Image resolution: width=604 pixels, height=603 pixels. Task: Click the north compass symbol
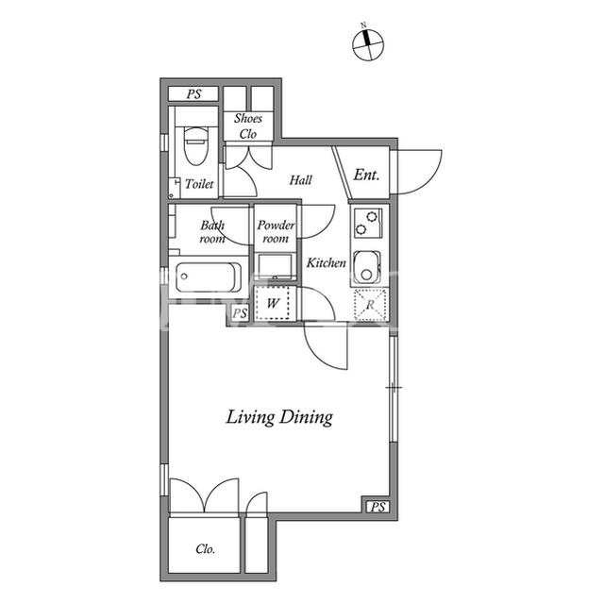pos(368,43)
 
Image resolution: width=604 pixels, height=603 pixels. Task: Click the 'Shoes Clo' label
pos(248,126)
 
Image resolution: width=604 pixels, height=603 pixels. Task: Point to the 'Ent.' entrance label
pos(366,175)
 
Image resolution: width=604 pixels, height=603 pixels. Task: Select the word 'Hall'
pos(300,180)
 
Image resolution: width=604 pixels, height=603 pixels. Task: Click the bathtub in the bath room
pos(209,277)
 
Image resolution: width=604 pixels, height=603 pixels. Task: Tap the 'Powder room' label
pos(276,231)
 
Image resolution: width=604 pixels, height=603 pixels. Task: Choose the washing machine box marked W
pos(273,303)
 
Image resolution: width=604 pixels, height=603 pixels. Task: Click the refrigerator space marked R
pos(370,305)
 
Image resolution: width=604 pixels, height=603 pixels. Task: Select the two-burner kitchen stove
pos(368,223)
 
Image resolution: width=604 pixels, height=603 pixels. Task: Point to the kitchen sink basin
pos(367,267)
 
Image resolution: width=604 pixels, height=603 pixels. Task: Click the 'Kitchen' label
pos(326,263)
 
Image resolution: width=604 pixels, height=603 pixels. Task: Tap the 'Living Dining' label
pos(279,417)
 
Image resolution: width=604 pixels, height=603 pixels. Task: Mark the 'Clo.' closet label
pos(206,548)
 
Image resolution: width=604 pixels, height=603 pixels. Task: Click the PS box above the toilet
pos(193,94)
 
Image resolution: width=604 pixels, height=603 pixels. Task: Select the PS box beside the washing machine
pos(239,313)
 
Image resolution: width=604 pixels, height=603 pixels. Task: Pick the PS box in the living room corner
pos(377,507)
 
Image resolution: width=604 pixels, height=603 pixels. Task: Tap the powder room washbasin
pos(275,266)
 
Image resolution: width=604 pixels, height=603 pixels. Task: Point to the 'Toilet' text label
pos(199,184)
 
